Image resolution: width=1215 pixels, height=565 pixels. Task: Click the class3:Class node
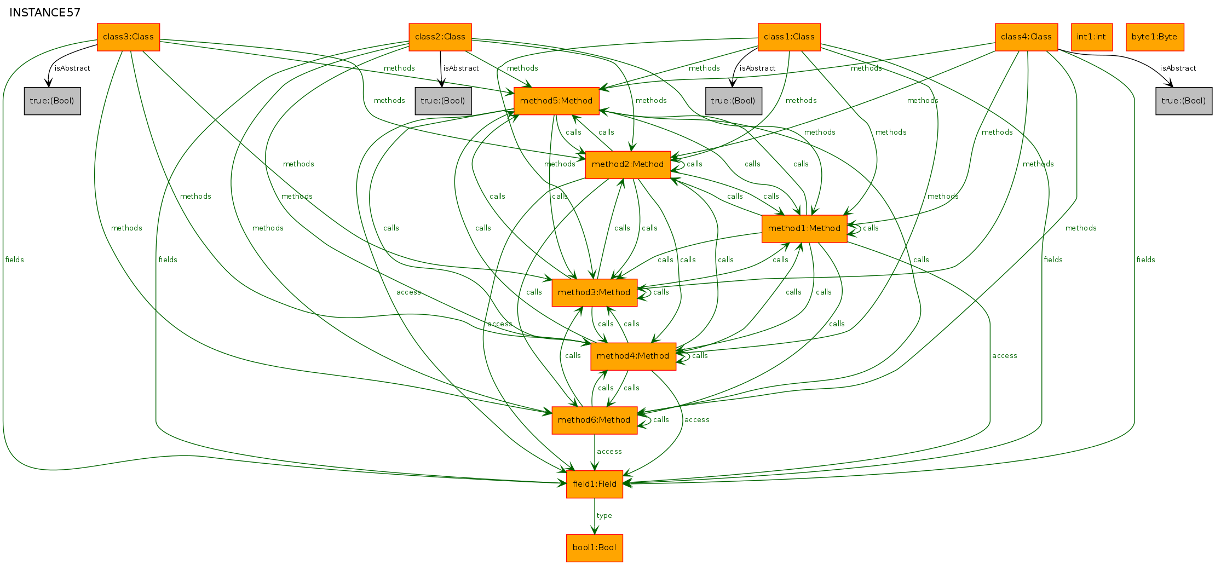pyautogui.click(x=128, y=37)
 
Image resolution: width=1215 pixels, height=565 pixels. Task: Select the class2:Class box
pyautogui.click(x=440, y=37)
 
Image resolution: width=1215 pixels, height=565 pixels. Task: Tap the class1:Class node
pyautogui.click(x=789, y=37)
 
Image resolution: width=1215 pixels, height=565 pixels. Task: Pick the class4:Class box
pyautogui.click(x=1026, y=37)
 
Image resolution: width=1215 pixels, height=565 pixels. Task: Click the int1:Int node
pyautogui.click(x=1092, y=37)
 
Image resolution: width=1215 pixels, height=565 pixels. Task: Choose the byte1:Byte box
pyautogui.click(x=1155, y=37)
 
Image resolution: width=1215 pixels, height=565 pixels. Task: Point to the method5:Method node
pyautogui.click(x=556, y=101)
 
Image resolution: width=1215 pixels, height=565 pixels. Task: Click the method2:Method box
pyautogui.click(x=628, y=165)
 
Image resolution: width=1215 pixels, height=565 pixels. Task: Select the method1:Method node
pyautogui.click(x=804, y=229)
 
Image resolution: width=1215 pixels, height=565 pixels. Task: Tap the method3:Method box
pyautogui.click(x=595, y=293)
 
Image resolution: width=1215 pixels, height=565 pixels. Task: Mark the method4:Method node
pyautogui.click(x=634, y=356)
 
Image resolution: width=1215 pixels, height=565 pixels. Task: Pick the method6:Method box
pyautogui.click(x=595, y=420)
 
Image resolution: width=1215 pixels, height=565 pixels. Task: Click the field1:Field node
pyautogui.click(x=595, y=485)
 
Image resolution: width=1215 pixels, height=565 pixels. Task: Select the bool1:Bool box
pyautogui.click(x=595, y=548)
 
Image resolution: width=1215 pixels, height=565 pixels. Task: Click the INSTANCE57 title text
pyautogui.click(x=45, y=13)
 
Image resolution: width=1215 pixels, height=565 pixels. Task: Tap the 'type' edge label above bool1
pyautogui.click(x=604, y=516)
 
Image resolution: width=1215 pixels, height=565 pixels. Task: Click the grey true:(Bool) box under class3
pyautogui.click(x=53, y=101)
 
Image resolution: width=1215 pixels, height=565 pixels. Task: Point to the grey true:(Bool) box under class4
pyautogui.click(x=1184, y=101)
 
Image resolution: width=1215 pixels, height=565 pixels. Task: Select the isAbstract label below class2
pyautogui.click(x=461, y=68)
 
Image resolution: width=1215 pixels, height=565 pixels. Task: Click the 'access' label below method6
pyautogui.click(x=609, y=452)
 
